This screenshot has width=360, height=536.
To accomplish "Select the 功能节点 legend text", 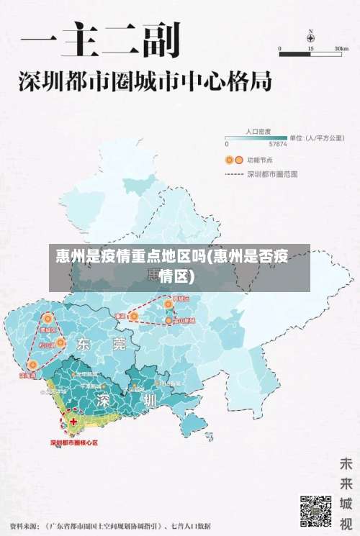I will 259,160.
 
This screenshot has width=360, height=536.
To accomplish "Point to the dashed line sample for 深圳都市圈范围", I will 233,173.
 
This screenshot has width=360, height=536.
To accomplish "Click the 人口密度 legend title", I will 258,132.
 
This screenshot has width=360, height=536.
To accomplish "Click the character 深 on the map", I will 106,399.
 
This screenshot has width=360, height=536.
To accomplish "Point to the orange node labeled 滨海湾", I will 32,365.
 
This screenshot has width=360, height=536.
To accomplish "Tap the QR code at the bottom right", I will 315,509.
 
